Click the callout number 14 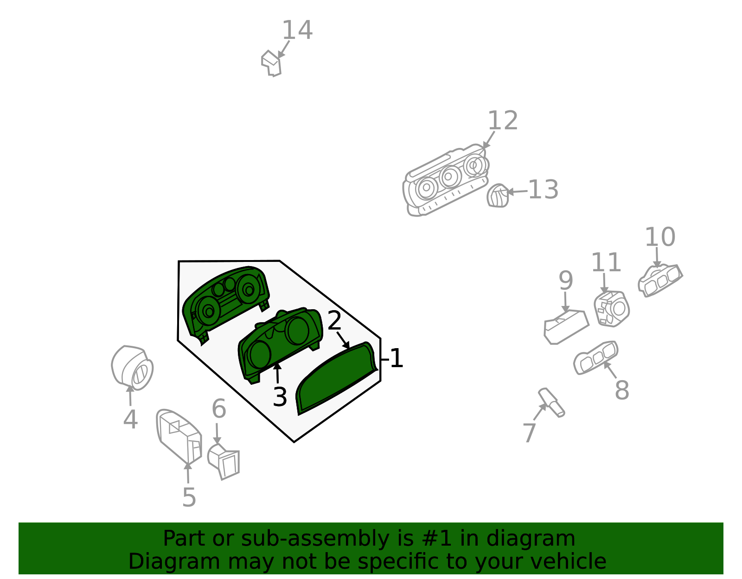point(297,31)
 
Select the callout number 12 point(503,121)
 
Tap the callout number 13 point(543,190)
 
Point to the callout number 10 point(660,237)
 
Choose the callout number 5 point(189,497)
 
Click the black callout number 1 point(397,358)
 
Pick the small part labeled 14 point(271,64)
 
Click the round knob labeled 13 point(498,196)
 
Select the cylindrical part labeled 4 point(132,368)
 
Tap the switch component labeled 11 point(612,309)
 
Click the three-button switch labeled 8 point(595,358)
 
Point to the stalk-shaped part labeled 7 point(551,402)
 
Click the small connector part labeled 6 point(224,462)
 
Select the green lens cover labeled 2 point(336,378)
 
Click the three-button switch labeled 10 point(660,280)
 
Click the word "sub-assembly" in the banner point(315,539)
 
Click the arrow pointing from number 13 point(518,192)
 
